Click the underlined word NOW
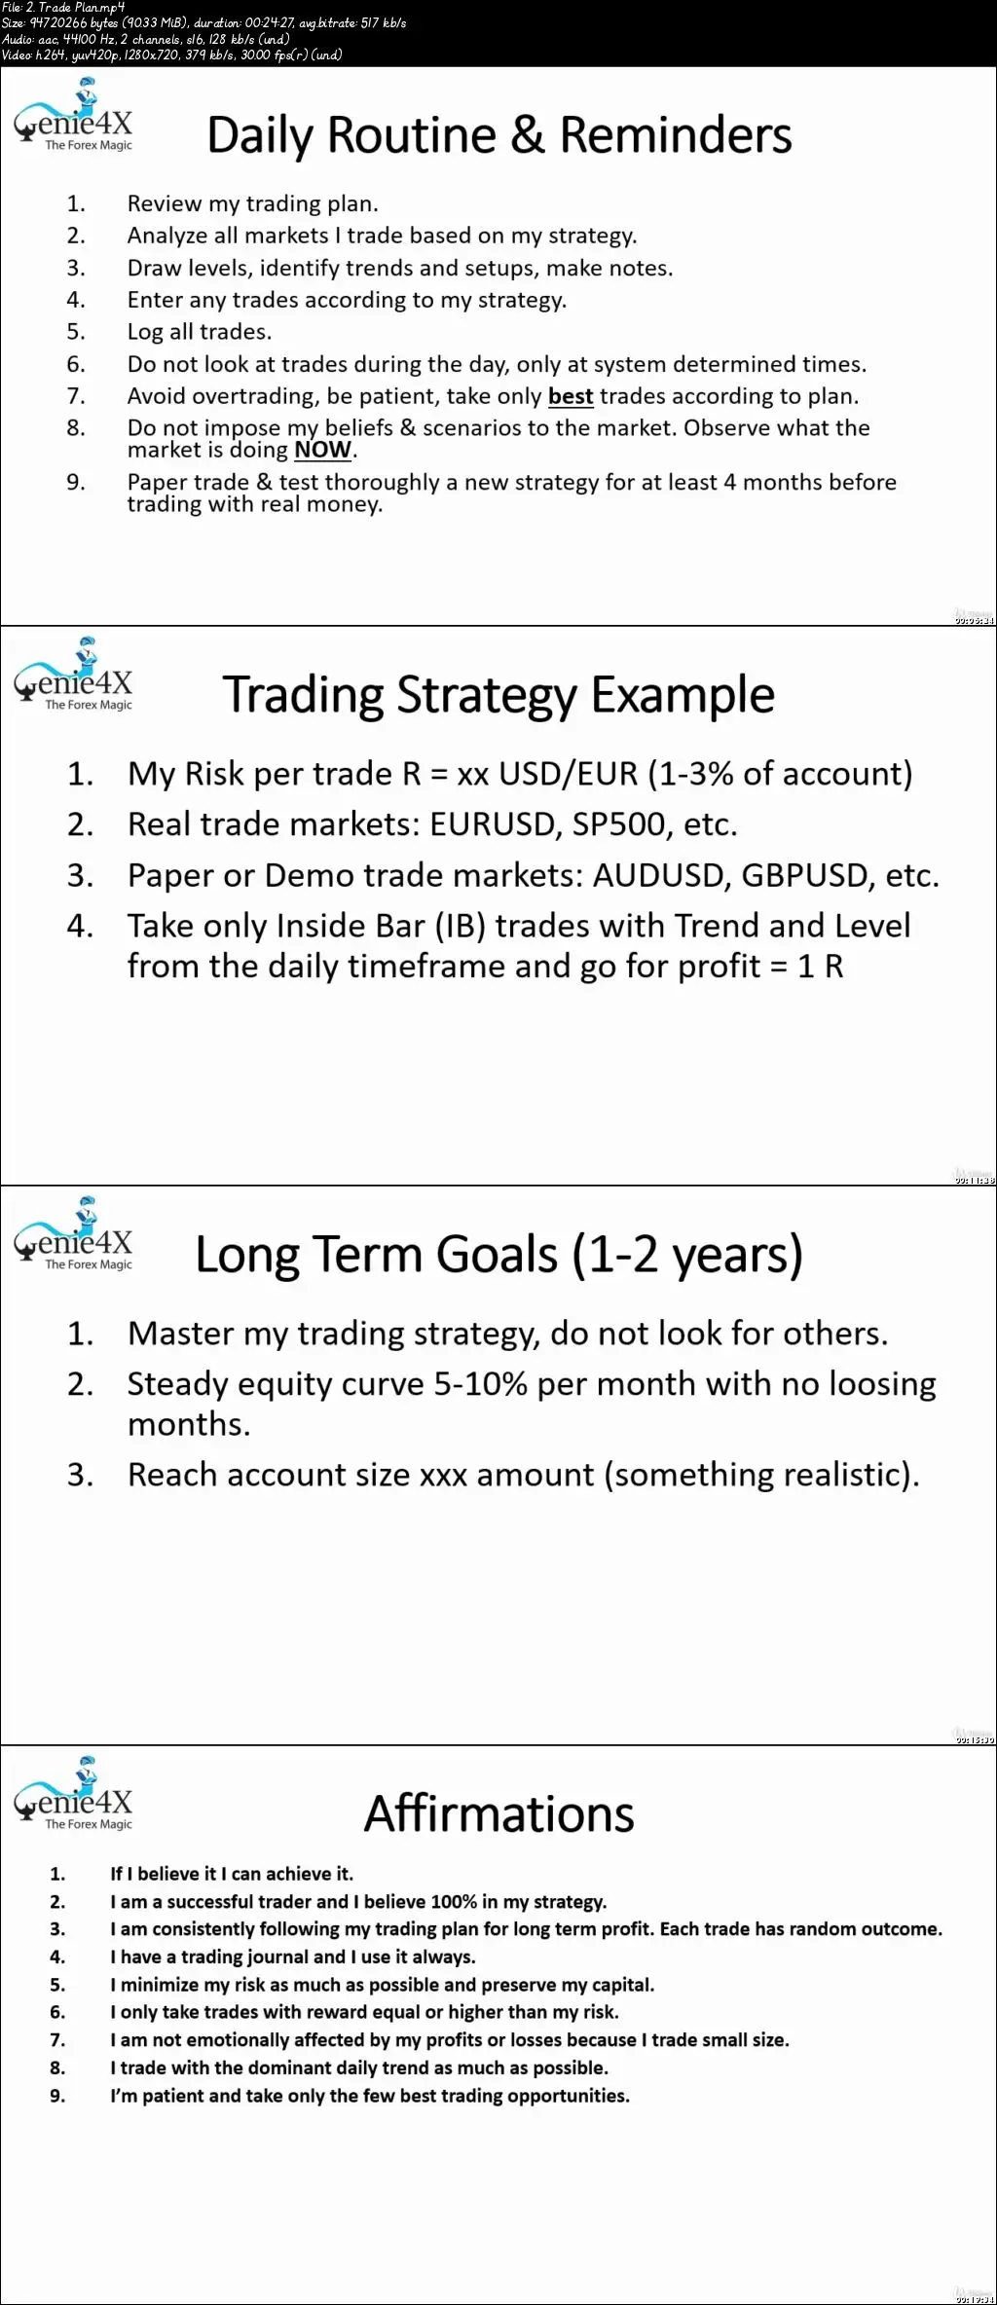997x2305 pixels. coord(322,450)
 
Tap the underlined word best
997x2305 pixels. coord(571,396)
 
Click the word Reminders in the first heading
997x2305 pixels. coord(676,135)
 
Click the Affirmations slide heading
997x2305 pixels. coord(498,1813)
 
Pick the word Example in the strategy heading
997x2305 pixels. coord(683,696)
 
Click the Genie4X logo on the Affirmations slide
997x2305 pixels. coord(73,1793)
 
